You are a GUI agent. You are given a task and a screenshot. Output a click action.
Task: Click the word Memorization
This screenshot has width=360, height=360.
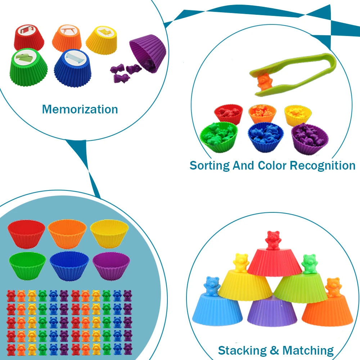coord(80,109)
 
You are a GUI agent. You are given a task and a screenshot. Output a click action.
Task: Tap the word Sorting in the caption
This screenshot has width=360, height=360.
coord(210,165)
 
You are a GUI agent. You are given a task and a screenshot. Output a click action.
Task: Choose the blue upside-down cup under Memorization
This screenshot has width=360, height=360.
coord(72,67)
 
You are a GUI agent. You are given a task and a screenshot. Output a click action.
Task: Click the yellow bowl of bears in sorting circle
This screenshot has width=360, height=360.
coord(298,114)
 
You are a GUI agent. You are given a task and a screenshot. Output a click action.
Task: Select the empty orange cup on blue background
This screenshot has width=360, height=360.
coord(67,234)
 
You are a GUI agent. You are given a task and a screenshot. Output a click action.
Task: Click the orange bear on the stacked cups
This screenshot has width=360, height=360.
coord(332,287)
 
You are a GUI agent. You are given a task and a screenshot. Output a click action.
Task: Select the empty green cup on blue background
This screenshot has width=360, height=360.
coord(27,265)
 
